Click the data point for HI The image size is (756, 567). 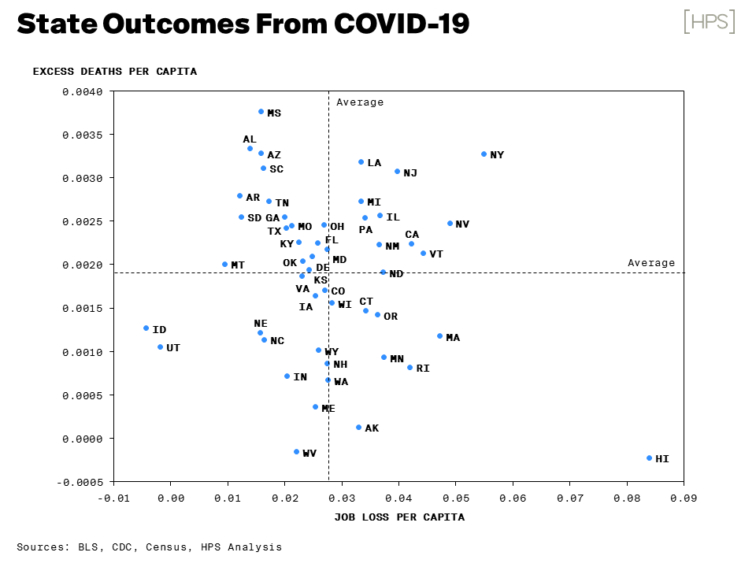click(x=650, y=458)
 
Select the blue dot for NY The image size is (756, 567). click(x=484, y=154)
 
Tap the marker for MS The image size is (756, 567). click(x=261, y=112)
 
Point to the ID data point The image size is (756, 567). click(x=146, y=328)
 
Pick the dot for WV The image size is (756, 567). click(x=297, y=452)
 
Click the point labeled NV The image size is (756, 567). click(x=450, y=224)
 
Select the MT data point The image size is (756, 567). click(x=225, y=265)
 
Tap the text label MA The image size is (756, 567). click(x=453, y=338)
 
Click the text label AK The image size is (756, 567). click(x=372, y=428)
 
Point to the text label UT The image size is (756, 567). click(x=173, y=347)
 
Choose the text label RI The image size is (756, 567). click(x=423, y=369)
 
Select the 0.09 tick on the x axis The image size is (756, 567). click(x=684, y=498)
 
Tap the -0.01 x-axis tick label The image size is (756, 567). click(x=113, y=498)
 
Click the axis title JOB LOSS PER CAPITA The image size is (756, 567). click(x=399, y=517)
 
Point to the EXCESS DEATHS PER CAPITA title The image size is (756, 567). click(x=115, y=72)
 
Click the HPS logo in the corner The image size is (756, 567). click(x=709, y=22)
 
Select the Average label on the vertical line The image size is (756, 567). click(x=360, y=102)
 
